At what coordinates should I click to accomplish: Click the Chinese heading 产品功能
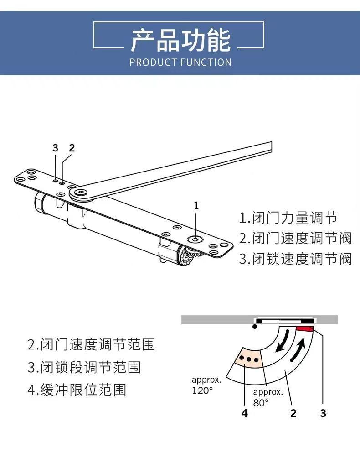[x=180, y=40]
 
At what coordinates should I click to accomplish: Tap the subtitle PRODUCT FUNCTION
[x=180, y=62]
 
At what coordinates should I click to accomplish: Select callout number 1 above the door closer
[x=196, y=206]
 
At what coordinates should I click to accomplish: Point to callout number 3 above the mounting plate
[x=56, y=148]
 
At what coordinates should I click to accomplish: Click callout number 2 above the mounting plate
[x=72, y=148]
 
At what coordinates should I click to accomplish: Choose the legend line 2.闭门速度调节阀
[x=295, y=238]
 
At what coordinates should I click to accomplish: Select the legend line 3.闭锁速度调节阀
[x=295, y=259]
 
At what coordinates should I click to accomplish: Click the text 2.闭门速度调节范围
[x=91, y=344]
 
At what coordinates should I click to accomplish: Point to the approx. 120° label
[x=206, y=385]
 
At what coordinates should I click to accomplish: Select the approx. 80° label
[x=268, y=397]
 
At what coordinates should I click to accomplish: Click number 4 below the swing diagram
[x=245, y=413]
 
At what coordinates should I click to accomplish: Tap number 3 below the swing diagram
[x=323, y=413]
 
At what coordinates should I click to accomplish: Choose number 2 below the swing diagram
[x=293, y=413]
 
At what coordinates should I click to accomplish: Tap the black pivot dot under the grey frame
[x=255, y=327]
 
